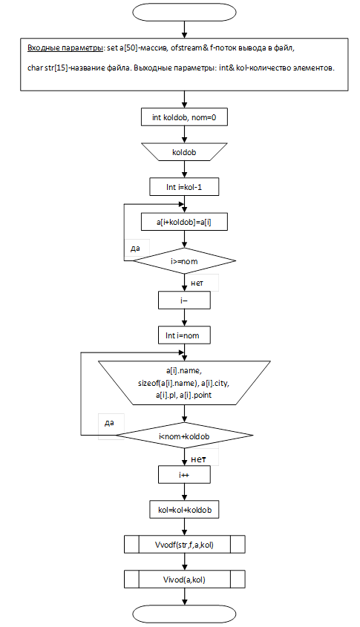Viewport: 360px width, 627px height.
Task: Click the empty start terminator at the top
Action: coord(184,12)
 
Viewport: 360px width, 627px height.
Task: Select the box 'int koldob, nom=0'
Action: coord(184,117)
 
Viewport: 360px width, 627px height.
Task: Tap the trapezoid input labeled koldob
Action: coord(184,152)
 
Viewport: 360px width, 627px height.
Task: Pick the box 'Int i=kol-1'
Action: coord(184,187)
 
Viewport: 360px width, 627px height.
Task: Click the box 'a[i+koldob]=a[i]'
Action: coord(184,222)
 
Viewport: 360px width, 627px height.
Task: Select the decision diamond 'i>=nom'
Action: coord(184,261)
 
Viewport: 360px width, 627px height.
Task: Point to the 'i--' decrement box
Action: coord(184,300)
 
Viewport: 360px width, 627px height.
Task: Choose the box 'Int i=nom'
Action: coord(184,335)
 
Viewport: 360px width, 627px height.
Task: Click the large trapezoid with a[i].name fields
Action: coord(184,383)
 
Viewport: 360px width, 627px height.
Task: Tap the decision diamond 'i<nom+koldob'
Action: coord(184,436)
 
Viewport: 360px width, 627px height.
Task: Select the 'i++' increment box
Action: coord(184,475)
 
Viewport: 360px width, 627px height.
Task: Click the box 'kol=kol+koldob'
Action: coord(184,510)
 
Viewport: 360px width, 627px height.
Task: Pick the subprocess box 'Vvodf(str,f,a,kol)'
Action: coord(184,544)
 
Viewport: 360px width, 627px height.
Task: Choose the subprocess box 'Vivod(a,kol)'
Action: coord(184,579)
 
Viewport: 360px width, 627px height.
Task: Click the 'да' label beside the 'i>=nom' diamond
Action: coord(135,249)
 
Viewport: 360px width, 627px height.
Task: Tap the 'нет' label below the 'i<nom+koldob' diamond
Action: coord(198,459)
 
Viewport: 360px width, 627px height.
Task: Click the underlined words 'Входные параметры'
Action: coord(65,48)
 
